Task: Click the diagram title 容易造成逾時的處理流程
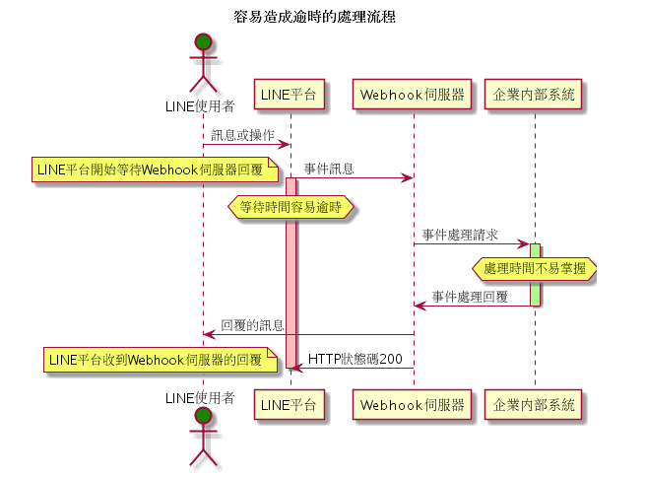[x=315, y=17]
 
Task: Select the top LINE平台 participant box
[x=290, y=95]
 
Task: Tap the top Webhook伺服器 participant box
[x=412, y=95]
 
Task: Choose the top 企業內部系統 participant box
[x=533, y=95]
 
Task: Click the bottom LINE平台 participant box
[x=290, y=405]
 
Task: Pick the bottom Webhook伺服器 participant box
[x=412, y=405]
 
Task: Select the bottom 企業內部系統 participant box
[x=533, y=405]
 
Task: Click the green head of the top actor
[x=203, y=42]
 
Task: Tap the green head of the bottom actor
[x=203, y=416]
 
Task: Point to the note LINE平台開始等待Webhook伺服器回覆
[x=155, y=170]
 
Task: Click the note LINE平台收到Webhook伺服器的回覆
[x=161, y=360]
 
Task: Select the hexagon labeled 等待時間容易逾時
[x=290, y=207]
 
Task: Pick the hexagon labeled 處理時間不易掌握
[x=535, y=268]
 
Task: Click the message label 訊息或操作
[x=242, y=135]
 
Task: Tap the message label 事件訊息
[x=329, y=169]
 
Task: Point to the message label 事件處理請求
[x=460, y=235]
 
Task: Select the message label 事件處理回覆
[x=470, y=297]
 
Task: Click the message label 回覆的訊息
[x=252, y=325]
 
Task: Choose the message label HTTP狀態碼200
[x=355, y=359]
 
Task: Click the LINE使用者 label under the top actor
[x=200, y=106]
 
